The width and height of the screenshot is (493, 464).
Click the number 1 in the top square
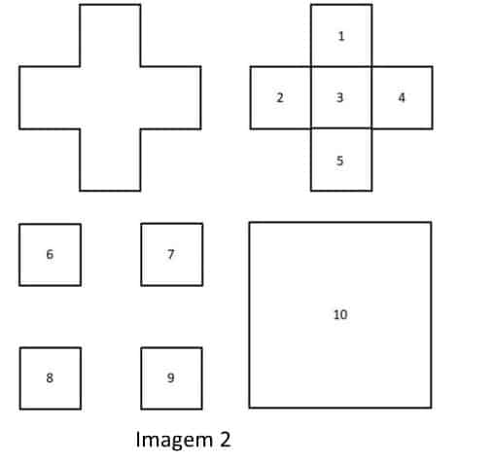tap(341, 36)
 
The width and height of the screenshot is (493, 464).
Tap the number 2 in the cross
tap(280, 97)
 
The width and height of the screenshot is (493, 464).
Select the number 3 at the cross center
tap(339, 97)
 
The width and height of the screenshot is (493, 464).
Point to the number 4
tap(402, 97)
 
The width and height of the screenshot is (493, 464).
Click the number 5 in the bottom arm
tap(339, 161)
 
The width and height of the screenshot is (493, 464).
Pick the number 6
tap(50, 254)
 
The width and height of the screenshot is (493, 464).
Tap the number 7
tap(171, 254)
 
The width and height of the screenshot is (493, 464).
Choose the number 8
tap(50, 377)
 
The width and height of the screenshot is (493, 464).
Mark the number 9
tap(171, 377)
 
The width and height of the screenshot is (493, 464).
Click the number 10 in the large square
tap(340, 314)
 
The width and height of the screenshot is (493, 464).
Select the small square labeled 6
tap(50, 255)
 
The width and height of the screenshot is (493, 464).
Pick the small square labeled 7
tap(172, 255)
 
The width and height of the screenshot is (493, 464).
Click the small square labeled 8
tap(51, 378)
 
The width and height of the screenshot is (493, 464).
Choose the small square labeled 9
tap(172, 378)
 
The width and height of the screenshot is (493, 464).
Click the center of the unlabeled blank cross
tap(110, 97)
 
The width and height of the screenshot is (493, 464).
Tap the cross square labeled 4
tap(403, 97)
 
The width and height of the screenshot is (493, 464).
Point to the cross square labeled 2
tap(281, 97)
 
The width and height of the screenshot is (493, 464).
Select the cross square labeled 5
tap(341, 160)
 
